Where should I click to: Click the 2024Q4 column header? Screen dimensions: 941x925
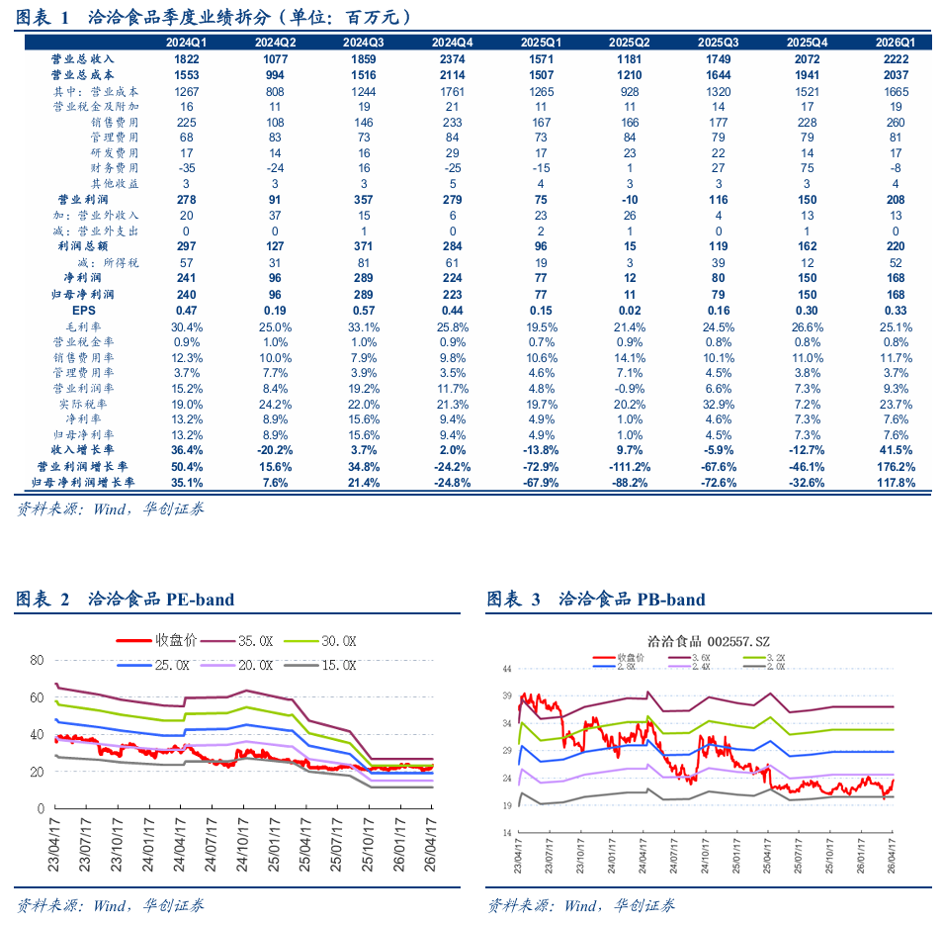click(x=452, y=43)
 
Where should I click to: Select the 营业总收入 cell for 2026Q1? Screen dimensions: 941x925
click(x=896, y=59)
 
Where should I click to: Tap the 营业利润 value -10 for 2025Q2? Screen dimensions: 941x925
click(x=630, y=200)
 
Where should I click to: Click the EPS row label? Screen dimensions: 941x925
click(x=83, y=311)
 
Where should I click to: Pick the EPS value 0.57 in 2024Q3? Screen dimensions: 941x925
click(x=364, y=311)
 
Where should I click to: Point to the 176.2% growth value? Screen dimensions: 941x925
click(x=896, y=467)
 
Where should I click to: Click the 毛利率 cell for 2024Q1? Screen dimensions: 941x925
click(x=187, y=327)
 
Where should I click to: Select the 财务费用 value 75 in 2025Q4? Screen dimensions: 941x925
click(x=808, y=168)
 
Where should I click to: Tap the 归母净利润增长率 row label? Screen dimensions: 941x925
click(x=83, y=483)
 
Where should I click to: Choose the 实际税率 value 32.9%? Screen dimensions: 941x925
click(x=719, y=405)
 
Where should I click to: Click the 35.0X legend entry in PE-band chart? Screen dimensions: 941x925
click(x=236, y=641)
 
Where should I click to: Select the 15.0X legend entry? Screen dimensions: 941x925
click(x=320, y=666)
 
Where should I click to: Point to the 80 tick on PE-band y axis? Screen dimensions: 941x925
click(x=38, y=660)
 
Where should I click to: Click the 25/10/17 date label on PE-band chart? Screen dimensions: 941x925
click(x=368, y=844)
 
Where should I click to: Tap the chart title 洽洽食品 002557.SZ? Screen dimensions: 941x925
click(x=708, y=641)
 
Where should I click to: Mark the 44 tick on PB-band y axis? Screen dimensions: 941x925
click(x=507, y=669)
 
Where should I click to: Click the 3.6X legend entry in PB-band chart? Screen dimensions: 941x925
click(x=690, y=658)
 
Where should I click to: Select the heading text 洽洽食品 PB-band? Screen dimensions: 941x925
click(x=632, y=599)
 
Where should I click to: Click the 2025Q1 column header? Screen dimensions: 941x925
click(x=541, y=43)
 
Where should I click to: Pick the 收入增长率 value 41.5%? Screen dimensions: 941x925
click(x=896, y=450)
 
